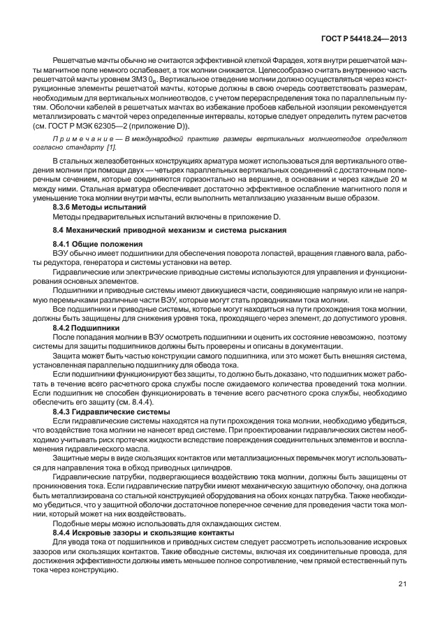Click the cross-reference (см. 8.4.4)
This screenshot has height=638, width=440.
[x=152, y=403]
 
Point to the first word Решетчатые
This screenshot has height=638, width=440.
[x=73, y=62]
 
